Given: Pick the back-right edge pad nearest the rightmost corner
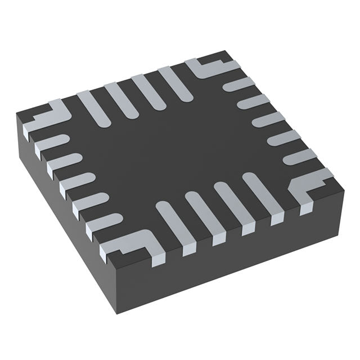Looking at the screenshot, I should [299, 157].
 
